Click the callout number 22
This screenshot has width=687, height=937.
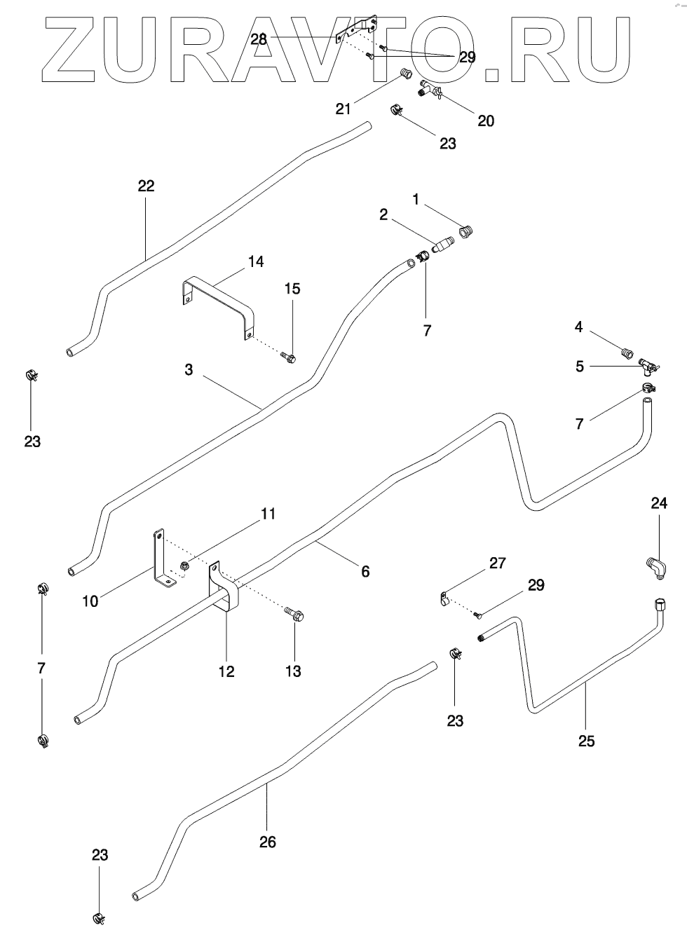pos(146,186)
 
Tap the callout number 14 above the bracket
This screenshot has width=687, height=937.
pos(255,262)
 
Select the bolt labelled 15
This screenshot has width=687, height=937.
pos(289,358)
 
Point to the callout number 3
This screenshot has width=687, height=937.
pos(189,369)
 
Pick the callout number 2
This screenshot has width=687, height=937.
pos(383,214)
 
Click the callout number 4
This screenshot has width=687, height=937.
pos(579,327)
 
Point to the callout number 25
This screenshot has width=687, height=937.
pos(586,741)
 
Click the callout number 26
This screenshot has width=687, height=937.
pos(268,842)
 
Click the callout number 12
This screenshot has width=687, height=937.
pos(226,671)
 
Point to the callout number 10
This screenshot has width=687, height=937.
pos(90,601)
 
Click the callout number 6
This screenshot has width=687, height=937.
pos(365,571)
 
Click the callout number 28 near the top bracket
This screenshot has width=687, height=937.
pos(259,39)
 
